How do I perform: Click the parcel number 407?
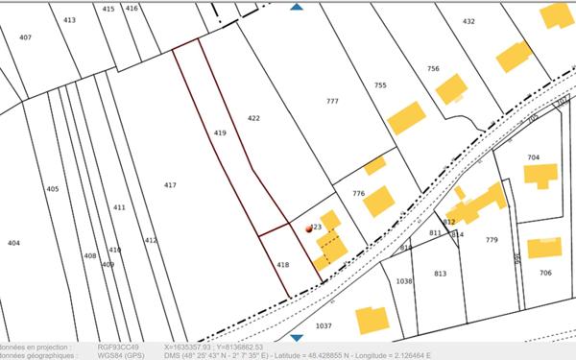pyautogui.click(x=25, y=37)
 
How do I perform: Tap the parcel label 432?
pyautogui.click(x=468, y=21)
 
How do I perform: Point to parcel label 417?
pyautogui.click(x=170, y=184)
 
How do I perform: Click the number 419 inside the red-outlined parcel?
pyautogui.click(x=220, y=132)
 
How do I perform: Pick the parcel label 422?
pyautogui.click(x=253, y=118)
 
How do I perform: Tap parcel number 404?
pyautogui.click(x=13, y=243)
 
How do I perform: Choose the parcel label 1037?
pyautogui.click(x=323, y=325)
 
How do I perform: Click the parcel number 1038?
pyautogui.click(x=403, y=280)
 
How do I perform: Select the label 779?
pyautogui.click(x=492, y=239)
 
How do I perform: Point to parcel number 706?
pyautogui.click(x=545, y=273)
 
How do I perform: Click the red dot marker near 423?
pyautogui.click(x=309, y=229)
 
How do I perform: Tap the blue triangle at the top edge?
pyautogui.click(x=297, y=7)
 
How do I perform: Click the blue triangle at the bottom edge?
pyautogui.click(x=297, y=337)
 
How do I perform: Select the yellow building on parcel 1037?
pyautogui.click(x=371, y=319)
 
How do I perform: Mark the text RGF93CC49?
pyautogui.click(x=118, y=347)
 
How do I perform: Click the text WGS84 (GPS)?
pyautogui.click(x=120, y=355)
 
